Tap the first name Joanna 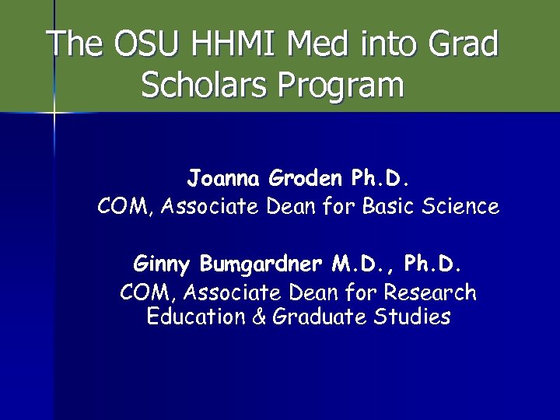(224, 179)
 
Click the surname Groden (306, 179)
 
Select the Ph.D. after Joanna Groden (380, 179)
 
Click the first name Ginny (163, 264)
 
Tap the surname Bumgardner (261, 264)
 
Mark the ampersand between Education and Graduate (258, 317)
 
